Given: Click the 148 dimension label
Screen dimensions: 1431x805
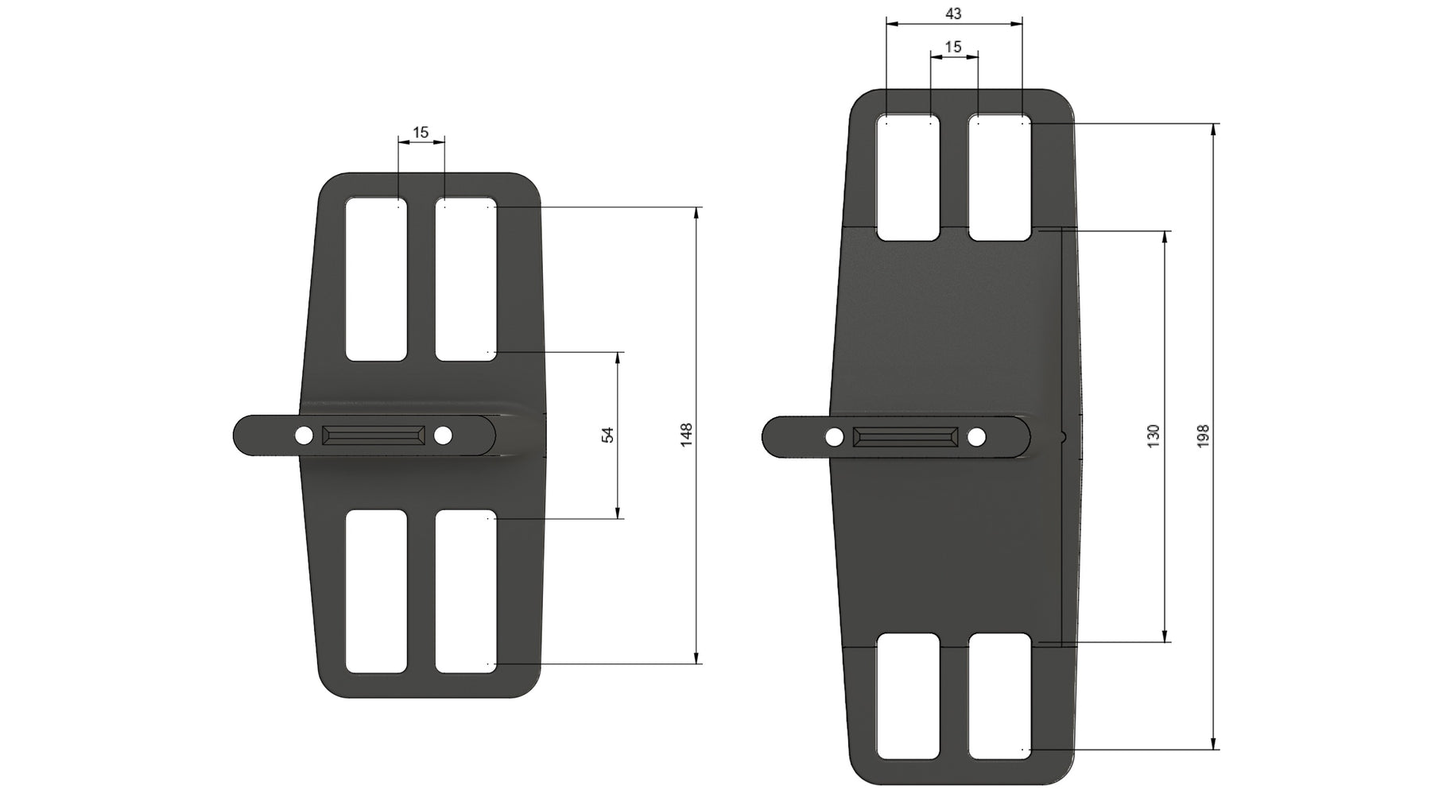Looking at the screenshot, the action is click(688, 435).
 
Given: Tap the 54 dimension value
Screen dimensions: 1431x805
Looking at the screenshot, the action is click(608, 435).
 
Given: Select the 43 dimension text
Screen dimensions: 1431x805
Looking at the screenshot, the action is click(954, 14).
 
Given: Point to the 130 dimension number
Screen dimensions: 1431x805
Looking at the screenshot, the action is click(1154, 435).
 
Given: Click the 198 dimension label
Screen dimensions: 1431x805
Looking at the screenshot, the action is click(1203, 435).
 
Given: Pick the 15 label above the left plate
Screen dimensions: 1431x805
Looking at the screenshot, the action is click(421, 132).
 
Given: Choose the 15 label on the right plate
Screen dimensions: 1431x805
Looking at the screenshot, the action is click(953, 47).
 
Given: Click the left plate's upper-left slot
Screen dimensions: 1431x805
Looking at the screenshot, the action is click(376, 279).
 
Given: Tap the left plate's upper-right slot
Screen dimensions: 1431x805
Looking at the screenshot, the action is click(466, 279).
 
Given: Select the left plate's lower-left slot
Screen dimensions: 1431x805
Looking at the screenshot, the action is click(376, 591).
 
